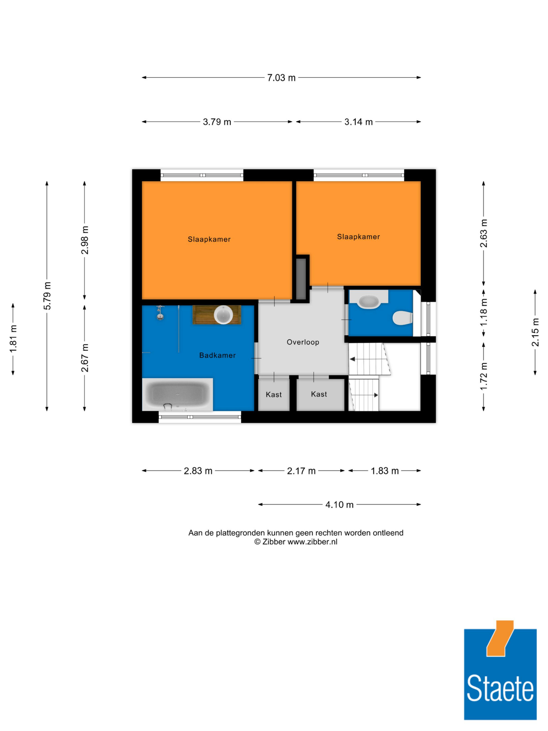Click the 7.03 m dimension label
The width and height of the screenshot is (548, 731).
[x=281, y=78]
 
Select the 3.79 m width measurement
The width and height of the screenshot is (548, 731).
[x=217, y=122]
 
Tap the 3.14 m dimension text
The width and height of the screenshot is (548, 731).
[x=358, y=122]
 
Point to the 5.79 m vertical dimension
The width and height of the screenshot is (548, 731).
[x=47, y=296]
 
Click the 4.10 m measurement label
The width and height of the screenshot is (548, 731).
[x=339, y=505]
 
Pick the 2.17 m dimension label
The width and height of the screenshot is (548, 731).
[x=301, y=471]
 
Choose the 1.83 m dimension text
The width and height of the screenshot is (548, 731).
[x=384, y=471]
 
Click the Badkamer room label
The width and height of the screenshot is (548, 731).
[x=217, y=355]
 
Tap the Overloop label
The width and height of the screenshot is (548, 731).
[x=303, y=342]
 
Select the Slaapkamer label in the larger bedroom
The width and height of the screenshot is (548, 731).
[x=209, y=239]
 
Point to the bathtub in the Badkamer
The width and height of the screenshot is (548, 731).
[x=177, y=394]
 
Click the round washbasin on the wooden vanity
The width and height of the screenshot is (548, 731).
[x=223, y=314]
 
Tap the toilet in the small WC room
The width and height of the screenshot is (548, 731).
[x=402, y=318]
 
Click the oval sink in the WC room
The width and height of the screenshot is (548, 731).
[x=369, y=302]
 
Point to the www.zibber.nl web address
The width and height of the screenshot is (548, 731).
[x=312, y=542]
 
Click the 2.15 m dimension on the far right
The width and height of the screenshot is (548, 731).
[x=535, y=332]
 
